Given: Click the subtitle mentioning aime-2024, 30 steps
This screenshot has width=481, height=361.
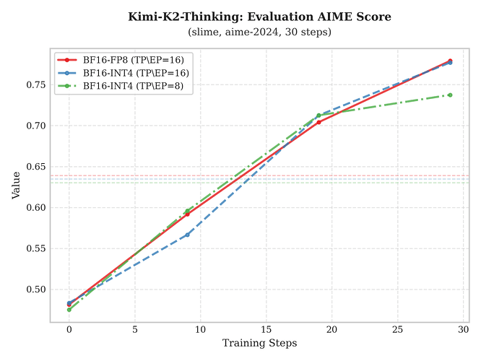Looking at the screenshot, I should click(259, 32).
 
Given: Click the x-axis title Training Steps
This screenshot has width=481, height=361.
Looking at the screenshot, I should click(259, 343).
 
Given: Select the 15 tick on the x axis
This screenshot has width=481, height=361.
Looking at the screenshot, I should click(266, 329).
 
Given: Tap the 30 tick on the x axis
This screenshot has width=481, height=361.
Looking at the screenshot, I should click(463, 329).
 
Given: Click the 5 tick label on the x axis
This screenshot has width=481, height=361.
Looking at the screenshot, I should click(134, 329).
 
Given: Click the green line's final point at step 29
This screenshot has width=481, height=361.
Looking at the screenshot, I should click(450, 95).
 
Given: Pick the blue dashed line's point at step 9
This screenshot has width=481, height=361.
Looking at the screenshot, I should click(187, 235).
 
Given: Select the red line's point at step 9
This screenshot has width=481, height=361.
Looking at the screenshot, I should click(187, 214).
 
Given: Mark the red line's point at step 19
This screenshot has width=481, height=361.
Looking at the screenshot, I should click(318, 122).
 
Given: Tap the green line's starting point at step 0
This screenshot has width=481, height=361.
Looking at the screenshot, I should click(69, 310).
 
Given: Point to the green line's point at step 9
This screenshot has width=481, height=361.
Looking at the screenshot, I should click(187, 211).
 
